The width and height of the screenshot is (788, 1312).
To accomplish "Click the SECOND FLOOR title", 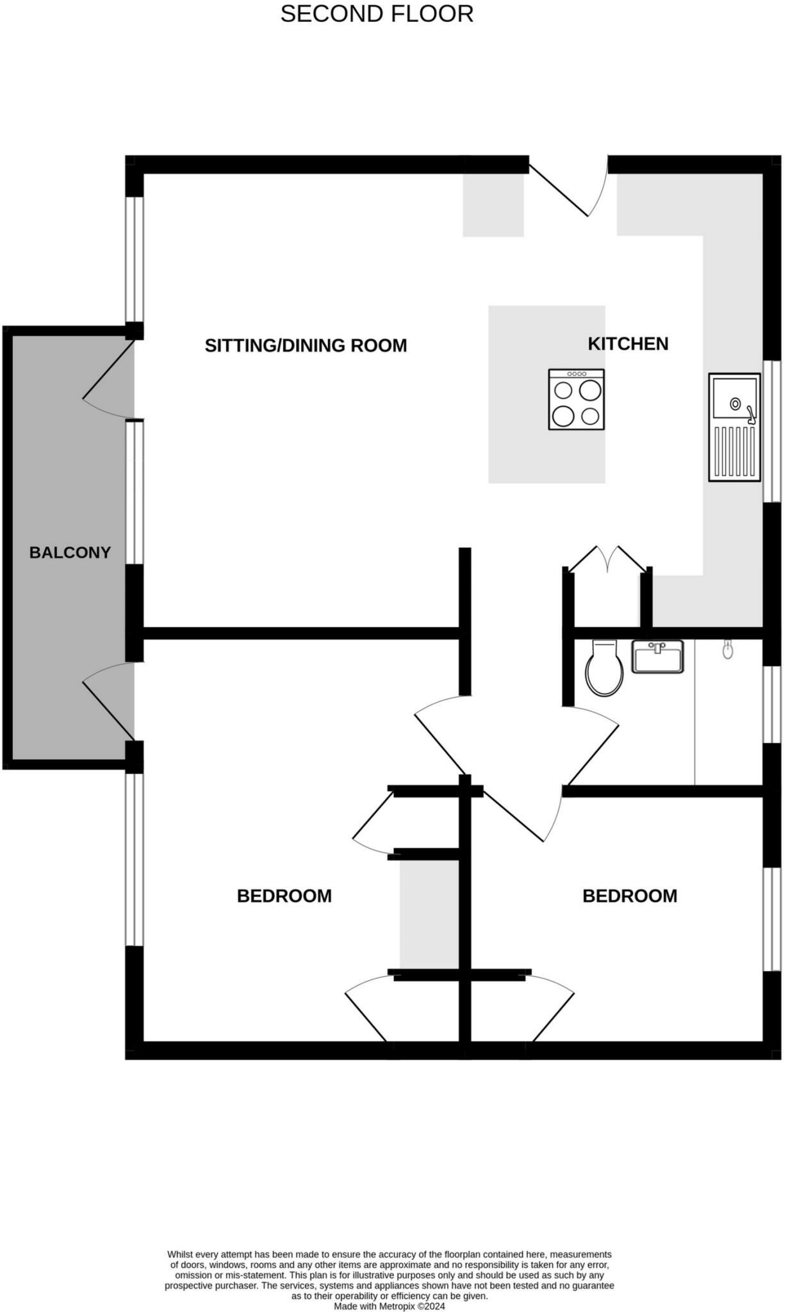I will coord(377,14).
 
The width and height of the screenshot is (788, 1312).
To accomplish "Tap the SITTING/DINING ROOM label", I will coord(306,346).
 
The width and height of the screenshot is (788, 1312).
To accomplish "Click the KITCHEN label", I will coord(628,344).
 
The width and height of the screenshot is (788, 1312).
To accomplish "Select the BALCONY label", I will coord(70,552).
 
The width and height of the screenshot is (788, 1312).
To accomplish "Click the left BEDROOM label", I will coord(284,896).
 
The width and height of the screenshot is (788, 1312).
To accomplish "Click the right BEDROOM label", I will coord(630,896).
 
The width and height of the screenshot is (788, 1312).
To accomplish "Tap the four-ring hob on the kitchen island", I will coord(577,399).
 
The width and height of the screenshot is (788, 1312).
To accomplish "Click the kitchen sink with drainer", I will coord(734,427).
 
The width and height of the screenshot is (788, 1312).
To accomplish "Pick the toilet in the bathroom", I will coord(604,669).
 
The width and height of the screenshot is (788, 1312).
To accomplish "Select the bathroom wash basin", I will coord(658,657).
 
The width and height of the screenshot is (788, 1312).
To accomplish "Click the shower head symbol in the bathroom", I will coord(727,650).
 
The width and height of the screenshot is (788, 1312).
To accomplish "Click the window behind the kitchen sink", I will coord(775,430).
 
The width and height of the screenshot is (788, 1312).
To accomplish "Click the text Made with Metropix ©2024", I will coord(389,1306).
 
